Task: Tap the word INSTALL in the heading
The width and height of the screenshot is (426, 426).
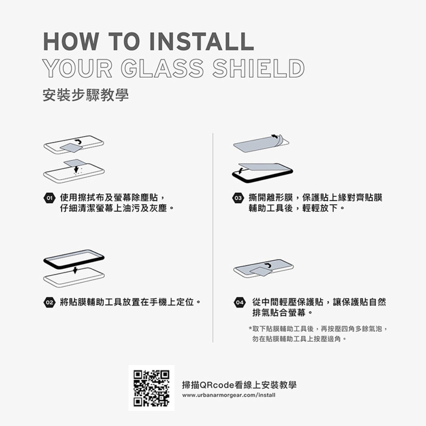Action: pyautogui.click(x=202, y=42)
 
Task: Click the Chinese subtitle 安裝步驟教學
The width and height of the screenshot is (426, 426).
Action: pyautogui.click(x=86, y=96)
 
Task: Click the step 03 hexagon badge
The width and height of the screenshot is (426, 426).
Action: pyautogui.click(x=238, y=198)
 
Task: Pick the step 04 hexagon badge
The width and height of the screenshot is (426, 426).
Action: pyautogui.click(x=240, y=302)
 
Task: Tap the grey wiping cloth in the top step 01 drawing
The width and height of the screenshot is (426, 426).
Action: pyautogui.click(x=71, y=148)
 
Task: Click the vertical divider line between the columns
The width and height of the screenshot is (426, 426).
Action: pyautogui.click(x=213, y=238)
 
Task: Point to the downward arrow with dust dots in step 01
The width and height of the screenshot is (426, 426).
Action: pyautogui.click(x=76, y=169)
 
